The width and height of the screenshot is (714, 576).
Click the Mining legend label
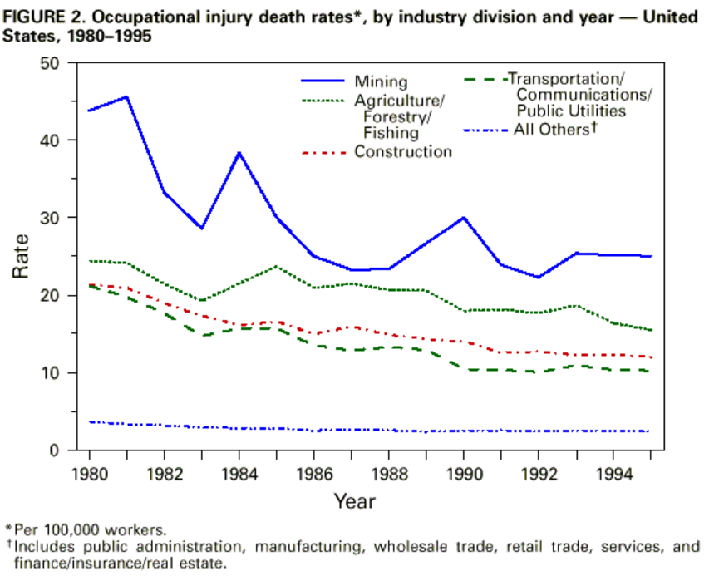[381, 81]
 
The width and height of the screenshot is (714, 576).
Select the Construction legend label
[403, 151]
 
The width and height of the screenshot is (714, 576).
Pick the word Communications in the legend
[584, 95]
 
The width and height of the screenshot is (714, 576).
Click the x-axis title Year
[355, 501]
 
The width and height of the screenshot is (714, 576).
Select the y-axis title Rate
[22, 257]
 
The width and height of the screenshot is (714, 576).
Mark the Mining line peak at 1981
[126, 96]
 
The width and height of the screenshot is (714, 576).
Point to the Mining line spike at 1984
[239, 153]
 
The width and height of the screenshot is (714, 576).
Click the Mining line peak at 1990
[463, 217]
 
